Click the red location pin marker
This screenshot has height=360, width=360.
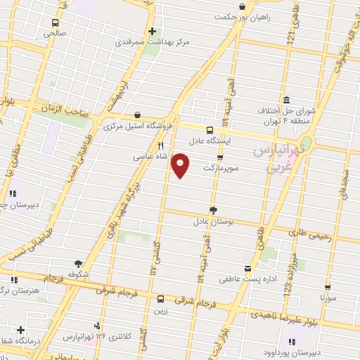tap(181, 164)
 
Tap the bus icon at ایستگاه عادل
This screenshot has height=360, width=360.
tap(210, 130)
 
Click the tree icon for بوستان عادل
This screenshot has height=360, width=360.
tap(213, 209)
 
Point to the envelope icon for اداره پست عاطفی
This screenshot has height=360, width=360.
tap(247, 268)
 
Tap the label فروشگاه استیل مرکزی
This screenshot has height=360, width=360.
tap(138, 127)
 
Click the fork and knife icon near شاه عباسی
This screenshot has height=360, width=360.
tap(161, 146)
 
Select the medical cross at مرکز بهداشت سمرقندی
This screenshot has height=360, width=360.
tap(152, 31)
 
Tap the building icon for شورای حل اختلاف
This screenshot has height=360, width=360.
tap(287, 99)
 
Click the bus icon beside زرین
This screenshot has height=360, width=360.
tap(161, 298)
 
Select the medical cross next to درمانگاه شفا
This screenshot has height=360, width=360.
tap(20, 330)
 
